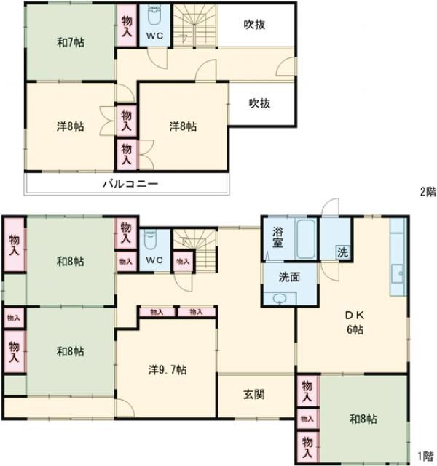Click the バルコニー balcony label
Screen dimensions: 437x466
(130, 184)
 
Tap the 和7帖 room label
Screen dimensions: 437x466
(71, 42)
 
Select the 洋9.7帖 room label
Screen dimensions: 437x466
(168, 370)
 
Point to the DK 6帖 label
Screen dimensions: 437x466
(355, 323)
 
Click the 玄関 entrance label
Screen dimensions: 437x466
(253, 395)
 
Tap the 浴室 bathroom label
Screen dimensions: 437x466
(277, 238)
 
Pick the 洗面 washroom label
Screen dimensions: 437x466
(289, 277)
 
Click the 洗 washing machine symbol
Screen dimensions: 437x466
(342, 252)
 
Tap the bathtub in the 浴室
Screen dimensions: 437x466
(306, 239)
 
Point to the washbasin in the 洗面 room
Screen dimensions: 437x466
(280, 298)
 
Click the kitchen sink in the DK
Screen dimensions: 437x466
(398, 274)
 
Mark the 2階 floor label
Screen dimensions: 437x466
(428, 192)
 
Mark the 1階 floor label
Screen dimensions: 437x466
(425, 456)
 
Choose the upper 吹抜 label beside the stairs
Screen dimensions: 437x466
(254, 25)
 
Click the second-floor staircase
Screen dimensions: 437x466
(194, 25)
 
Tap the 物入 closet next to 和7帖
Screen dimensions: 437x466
(127, 26)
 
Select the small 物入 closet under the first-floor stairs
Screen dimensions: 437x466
(183, 261)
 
